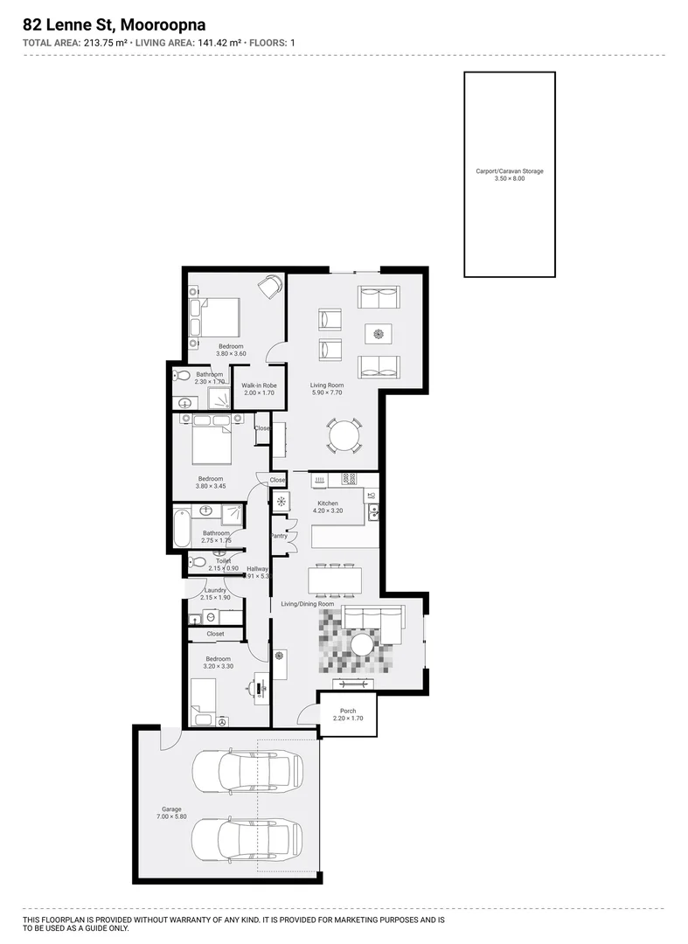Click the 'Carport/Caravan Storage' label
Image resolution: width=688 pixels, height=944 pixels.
coord(509,171)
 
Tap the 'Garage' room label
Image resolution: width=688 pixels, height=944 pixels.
coord(170,809)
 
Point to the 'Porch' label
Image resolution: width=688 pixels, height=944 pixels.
coord(347,711)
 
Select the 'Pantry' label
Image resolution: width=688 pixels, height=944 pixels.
coord(279,536)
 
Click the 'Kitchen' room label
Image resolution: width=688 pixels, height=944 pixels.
coord(328,503)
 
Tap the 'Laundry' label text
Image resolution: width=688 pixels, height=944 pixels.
coord(215,590)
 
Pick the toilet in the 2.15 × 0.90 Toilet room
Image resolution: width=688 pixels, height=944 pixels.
coord(197,562)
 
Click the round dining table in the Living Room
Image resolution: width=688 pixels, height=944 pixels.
coord(344,434)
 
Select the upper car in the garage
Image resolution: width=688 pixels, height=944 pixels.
coord(247,769)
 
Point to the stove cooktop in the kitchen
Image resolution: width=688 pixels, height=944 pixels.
coord(348,478)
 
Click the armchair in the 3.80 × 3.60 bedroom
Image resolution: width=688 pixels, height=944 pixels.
coord(272,285)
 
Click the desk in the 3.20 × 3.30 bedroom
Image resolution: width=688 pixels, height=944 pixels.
coord(260,687)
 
